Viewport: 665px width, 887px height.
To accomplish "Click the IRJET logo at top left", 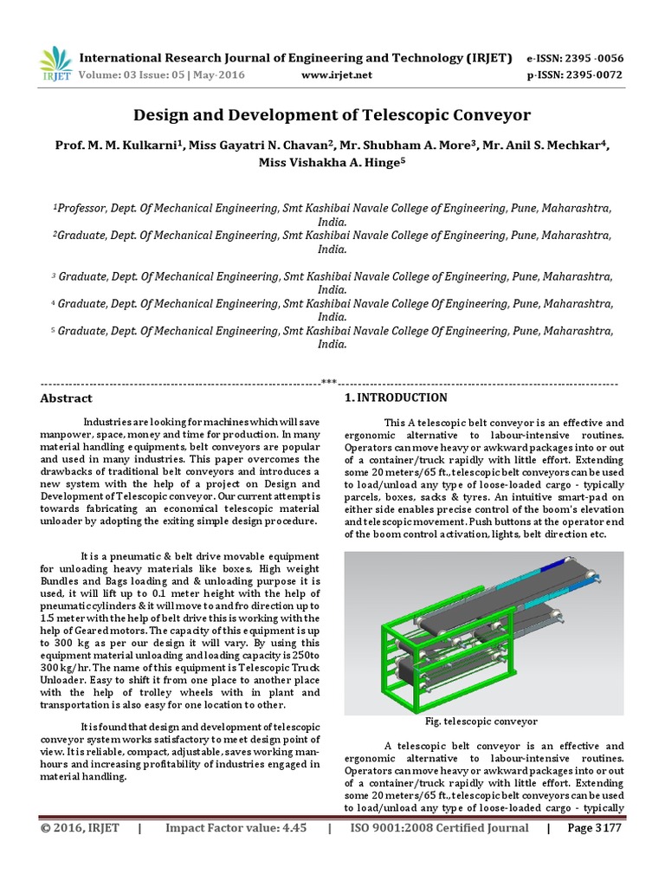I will [56, 63].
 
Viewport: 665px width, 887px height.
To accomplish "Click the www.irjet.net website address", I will [336, 74].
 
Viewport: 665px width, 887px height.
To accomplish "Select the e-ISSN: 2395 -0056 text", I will [575, 58].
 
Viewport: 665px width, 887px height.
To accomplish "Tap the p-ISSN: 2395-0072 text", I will [575, 74].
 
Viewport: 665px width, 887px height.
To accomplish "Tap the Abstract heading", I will [67, 398].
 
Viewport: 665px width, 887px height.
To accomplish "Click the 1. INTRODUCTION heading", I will [396, 398].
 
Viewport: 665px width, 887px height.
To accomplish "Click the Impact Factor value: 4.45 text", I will [236, 828].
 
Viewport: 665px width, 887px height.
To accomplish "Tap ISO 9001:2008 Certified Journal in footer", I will [438, 828].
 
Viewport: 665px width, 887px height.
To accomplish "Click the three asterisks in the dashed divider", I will [329, 382].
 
